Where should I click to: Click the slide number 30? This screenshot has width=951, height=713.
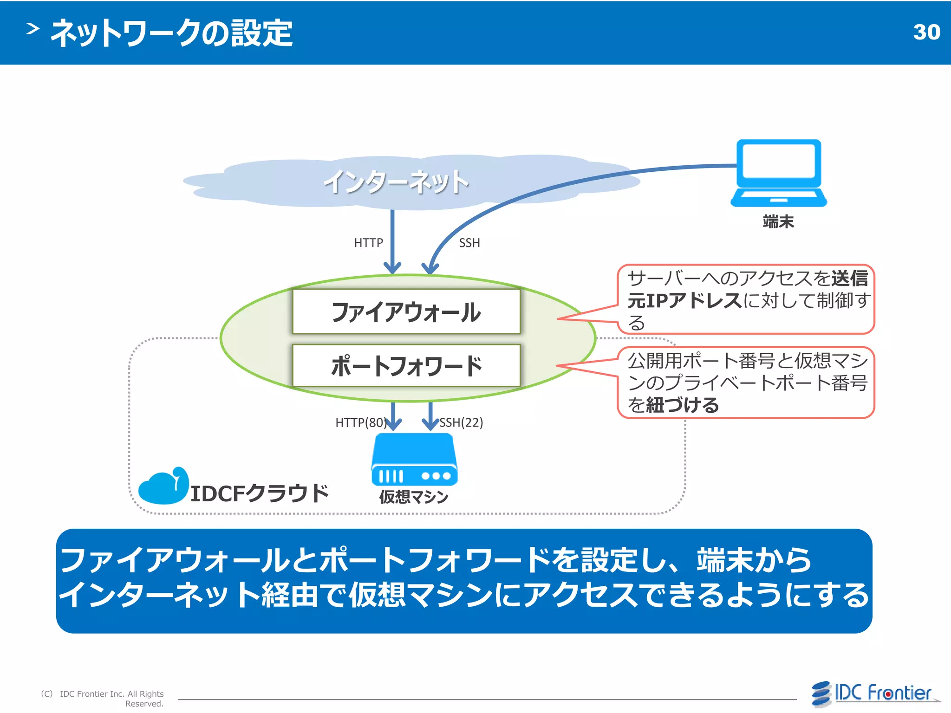[926, 32]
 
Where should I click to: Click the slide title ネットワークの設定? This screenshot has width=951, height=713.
[172, 33]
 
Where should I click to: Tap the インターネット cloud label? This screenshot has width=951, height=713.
[396, 182]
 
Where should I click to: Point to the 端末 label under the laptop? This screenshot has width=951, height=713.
[778, 221]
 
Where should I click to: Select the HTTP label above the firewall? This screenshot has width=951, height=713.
[368, 243]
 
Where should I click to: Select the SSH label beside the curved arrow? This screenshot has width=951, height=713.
[469, 243]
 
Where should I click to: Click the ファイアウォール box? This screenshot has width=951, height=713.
[406, 311]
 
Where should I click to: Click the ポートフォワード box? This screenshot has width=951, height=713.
[406, 365]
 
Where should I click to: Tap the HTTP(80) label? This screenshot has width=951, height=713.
[360, 422]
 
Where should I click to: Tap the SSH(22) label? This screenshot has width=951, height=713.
[461, 422]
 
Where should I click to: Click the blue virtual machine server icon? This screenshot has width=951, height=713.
[414, 460]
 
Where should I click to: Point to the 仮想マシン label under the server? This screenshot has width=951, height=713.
[414, 497]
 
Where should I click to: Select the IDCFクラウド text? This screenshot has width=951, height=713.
[260, 493]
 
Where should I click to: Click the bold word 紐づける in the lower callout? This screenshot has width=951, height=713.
[683, 405]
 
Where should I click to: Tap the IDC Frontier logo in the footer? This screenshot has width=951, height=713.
[875, 694]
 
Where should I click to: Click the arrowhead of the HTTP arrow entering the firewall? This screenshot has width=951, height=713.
[392, 269]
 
